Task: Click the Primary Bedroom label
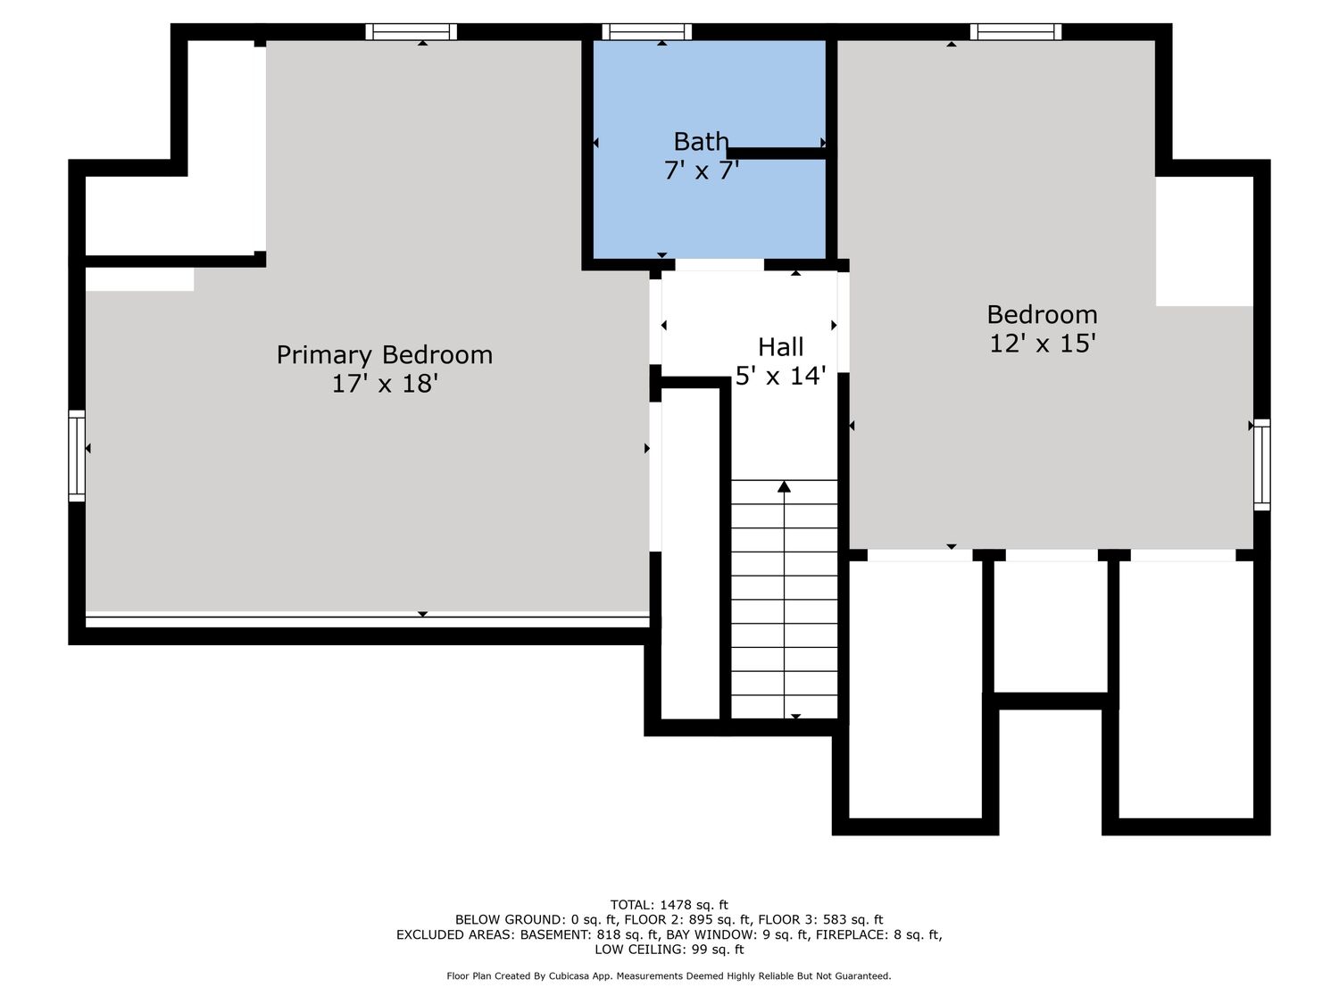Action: pos(385,355)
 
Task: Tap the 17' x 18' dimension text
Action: pos(385,384)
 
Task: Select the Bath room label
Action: pos(701,142)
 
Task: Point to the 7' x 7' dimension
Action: pos(702,170)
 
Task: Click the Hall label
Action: pos(780,347)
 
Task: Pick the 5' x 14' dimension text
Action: pos(780,376)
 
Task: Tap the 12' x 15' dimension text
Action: pos(1043,344)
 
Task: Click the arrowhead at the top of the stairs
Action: pos(784,486)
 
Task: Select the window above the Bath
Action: pos(646,32)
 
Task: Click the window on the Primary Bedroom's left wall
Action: pos(77,456)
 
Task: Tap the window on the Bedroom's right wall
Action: pos(1262,465)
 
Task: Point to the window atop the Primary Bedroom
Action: pos(412,32)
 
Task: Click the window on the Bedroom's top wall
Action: pos(1016,32)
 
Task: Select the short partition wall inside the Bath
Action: pos(776,154)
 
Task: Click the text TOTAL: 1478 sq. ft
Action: pos(669,905)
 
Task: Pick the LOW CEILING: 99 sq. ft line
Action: pos(669,950)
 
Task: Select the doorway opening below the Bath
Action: pos(719,265)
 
